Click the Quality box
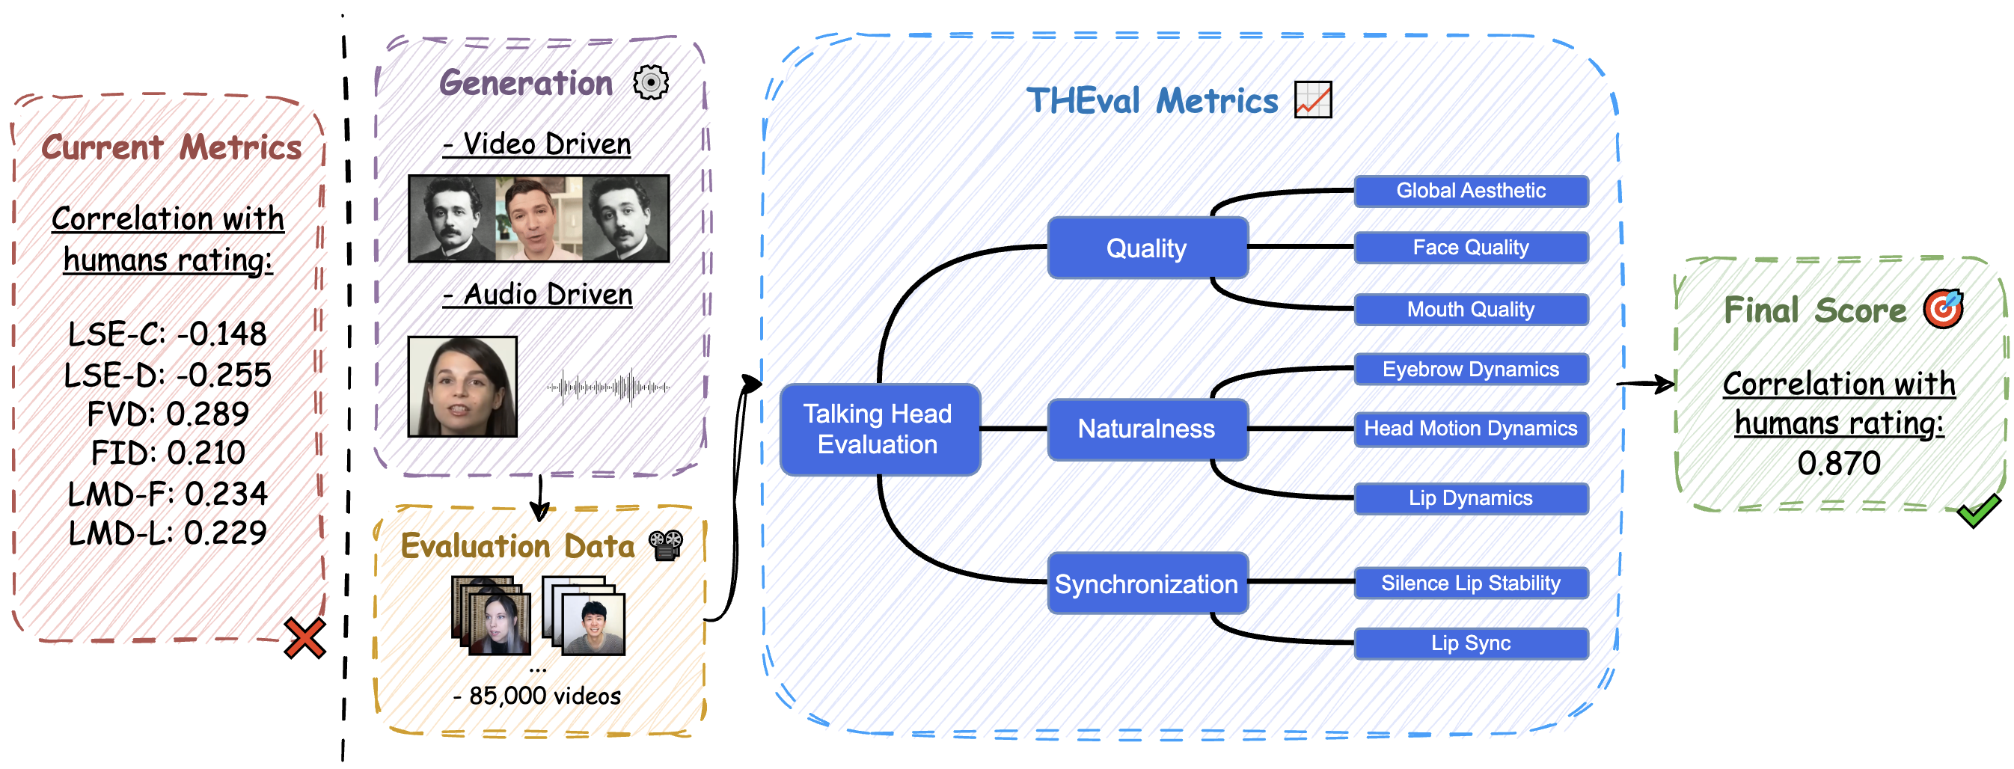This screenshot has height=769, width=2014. [1146, 248]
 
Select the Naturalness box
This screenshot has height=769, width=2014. [1146, 429]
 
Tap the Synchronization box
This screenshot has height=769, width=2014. [1146, 583]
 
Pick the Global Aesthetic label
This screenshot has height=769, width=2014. [1470, 191]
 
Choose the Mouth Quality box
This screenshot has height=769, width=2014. [1470, 310]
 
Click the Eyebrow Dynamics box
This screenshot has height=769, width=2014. [1470, 369]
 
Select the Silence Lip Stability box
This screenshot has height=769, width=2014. [1470, 583]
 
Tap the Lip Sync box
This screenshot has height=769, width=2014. [1470, 643]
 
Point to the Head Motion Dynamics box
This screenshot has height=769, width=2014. [1470, 429]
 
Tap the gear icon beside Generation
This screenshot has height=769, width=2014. [650, 82]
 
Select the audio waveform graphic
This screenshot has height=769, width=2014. [608, 387]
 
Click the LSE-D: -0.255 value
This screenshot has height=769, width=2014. [168, 375]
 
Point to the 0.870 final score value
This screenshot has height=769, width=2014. [1838, 464]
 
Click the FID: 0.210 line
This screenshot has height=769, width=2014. [168, 453]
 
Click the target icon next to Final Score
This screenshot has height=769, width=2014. [1944, 309]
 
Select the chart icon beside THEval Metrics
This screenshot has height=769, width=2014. [1313, 100]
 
